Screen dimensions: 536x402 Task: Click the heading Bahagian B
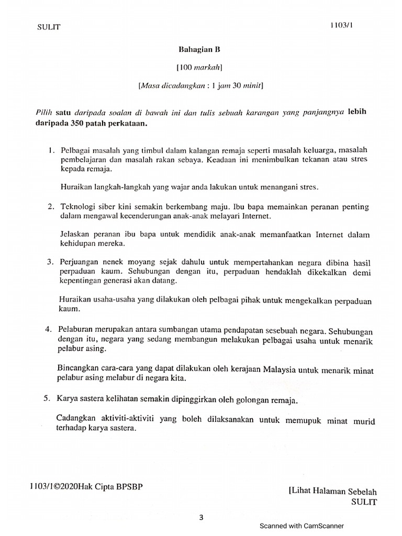pyautogui.click(x=198, y=50)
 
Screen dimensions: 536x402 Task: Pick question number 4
pyautogui.click(x=48, y=330)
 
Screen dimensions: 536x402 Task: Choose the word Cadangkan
pyautogui.click(x=76, y=418)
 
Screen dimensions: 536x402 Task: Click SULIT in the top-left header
pyautogui.click(x=49, y=27)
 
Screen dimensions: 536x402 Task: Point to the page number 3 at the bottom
pyautogui.click(x=200, y=518)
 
